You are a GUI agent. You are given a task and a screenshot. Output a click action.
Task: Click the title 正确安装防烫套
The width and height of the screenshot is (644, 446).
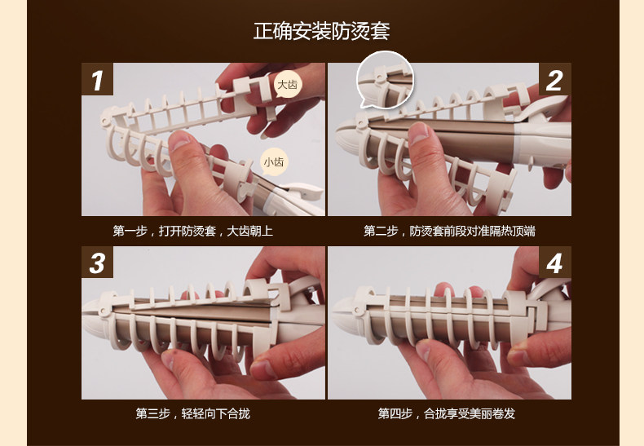[x=321, y=31]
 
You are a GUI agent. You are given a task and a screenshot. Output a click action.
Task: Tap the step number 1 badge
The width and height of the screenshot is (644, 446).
[x=97, y=79]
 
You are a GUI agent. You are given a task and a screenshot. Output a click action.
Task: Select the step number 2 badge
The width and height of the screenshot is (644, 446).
[x=554, y=79]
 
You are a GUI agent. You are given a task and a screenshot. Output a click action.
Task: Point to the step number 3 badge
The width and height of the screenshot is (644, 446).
[x=97, y=263]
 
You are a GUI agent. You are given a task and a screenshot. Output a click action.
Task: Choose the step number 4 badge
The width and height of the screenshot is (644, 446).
[x=554, y=263]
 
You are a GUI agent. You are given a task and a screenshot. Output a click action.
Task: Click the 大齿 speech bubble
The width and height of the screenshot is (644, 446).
[x=288, y=85]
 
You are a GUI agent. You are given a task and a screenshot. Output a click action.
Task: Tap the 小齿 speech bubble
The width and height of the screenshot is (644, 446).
[x=274, y=162]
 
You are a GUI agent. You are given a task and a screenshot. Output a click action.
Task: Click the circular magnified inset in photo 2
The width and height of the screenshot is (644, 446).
[x=386, y=81]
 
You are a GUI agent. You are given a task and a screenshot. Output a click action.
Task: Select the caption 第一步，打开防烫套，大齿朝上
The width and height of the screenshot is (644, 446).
[x=192, y=232]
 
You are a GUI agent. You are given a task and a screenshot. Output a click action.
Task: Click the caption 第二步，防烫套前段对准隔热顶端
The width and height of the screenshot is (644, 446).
[x=449, y=232]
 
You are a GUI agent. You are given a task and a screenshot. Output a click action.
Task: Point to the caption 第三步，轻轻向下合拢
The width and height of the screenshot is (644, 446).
[x=192, y=413]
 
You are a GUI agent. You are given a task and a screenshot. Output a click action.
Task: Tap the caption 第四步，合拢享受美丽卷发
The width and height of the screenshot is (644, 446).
[x=447, y=413]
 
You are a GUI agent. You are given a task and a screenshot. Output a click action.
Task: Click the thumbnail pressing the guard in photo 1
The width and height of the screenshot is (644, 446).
[x=179, y=142]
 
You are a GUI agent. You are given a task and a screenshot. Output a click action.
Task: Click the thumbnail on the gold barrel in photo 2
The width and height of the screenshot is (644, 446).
[x=419, y=133]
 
